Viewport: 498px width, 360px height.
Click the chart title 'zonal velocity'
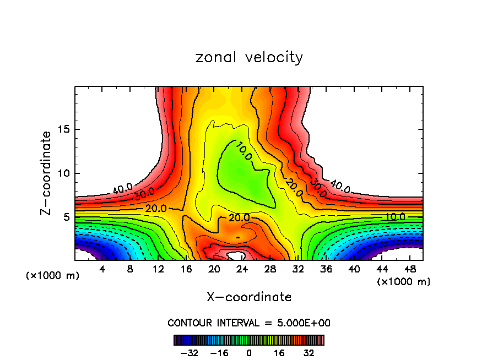point(249,57)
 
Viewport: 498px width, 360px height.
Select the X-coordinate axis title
point(249,297)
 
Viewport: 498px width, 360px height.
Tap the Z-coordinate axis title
point(46,173)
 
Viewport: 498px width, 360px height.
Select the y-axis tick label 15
point(66,129)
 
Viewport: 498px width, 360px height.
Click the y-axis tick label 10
point(66,173)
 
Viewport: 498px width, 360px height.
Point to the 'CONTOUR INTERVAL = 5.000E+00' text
point(249,323)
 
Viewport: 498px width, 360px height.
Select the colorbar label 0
point(249,352)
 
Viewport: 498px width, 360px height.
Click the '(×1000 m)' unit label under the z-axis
point(53,275)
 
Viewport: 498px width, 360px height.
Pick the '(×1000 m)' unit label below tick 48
point(404,281)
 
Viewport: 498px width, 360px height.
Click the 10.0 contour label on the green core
point(245,151)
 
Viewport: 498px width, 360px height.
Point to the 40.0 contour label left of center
point(122,189)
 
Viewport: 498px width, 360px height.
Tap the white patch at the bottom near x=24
point(236,255)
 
